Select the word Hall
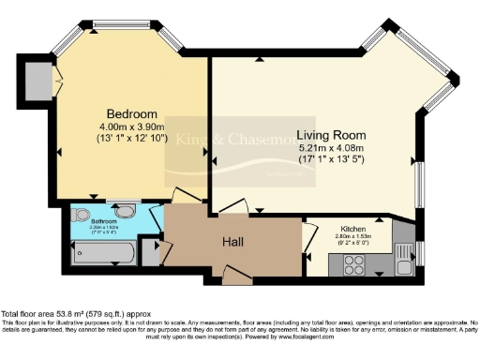(x=233, y=242)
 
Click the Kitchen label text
(x=353, y=228)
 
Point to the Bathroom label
(x=103, y=220)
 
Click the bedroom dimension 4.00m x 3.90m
(x=130, y=127)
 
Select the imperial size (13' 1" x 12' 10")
(x=130, y=138)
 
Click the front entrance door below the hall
(x=236, y=276)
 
